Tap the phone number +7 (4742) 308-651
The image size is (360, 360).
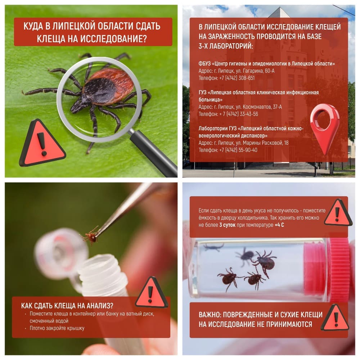pyautogui.click(x=237, y=78)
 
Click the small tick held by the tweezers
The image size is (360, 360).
pyautogui.click(x=91, y=237)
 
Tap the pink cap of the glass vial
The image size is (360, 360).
pyautogui.click(x=329, y=269)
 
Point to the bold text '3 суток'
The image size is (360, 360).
pyautogui.click(x=227, y=225)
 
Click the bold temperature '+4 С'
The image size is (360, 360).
pyautogui.click(x=279, y=225)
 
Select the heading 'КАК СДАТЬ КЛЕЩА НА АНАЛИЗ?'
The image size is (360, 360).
pyautogui.click(x=67, y=306)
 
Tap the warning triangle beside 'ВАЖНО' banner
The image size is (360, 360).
pyautogui.click(x=335, y=318)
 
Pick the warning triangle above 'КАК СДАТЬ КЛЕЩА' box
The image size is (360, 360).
pyautogui.click(x=151, y=293)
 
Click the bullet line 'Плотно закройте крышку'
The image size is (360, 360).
pyautogui.click(x=57, y=328)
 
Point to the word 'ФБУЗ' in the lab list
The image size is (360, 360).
pyautogui.click(x=204, y=64)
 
